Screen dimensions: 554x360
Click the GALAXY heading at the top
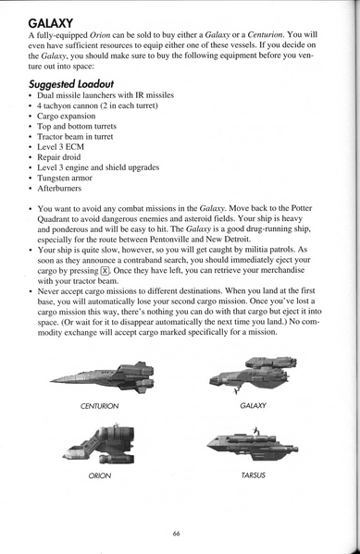[52, 20]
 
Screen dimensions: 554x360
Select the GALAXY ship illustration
[253, 372]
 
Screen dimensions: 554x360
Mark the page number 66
[175, 532]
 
